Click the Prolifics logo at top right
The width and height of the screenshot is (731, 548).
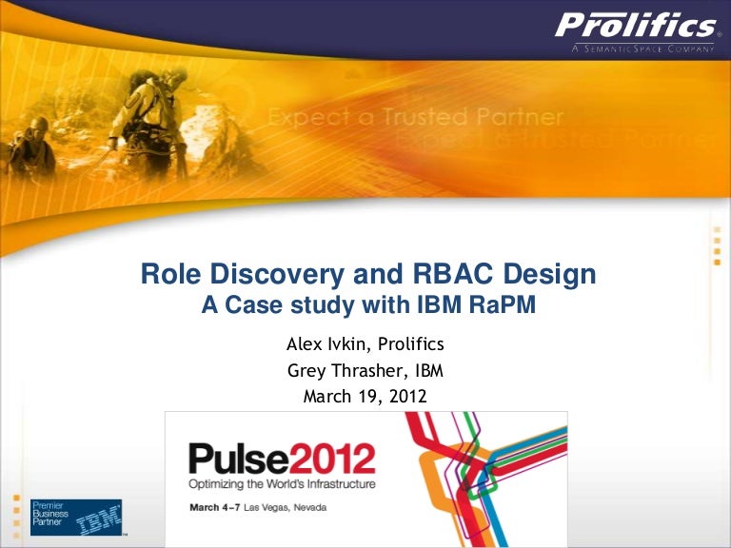(635, 26)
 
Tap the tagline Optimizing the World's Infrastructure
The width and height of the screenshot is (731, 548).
(281, 484)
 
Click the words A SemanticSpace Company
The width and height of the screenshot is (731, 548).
(642, 49)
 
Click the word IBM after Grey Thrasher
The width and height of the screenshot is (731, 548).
(428, 370)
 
